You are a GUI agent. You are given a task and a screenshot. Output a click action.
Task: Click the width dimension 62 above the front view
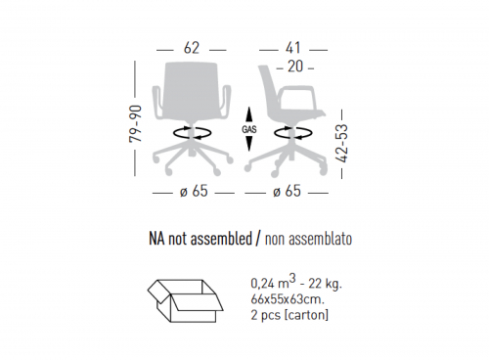pos(192,48)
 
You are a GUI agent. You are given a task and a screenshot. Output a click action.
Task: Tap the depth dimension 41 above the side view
pos(293,48)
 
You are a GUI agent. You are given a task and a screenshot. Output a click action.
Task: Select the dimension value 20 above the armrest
pos(295,67)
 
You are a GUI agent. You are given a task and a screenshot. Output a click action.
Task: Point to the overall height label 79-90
pos(136,123)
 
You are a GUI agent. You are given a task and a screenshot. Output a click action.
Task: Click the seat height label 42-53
pos(342,143)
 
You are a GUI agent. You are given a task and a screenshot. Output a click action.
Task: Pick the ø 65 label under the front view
pos(194,191)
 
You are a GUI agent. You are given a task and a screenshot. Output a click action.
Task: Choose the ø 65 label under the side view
pos(287,191)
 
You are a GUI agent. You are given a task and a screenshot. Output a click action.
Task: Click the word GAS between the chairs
pos(249,129)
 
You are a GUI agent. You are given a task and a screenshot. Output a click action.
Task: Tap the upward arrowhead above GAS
pos(249,114)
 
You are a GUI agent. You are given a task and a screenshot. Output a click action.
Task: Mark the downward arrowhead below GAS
pos(249,144)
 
